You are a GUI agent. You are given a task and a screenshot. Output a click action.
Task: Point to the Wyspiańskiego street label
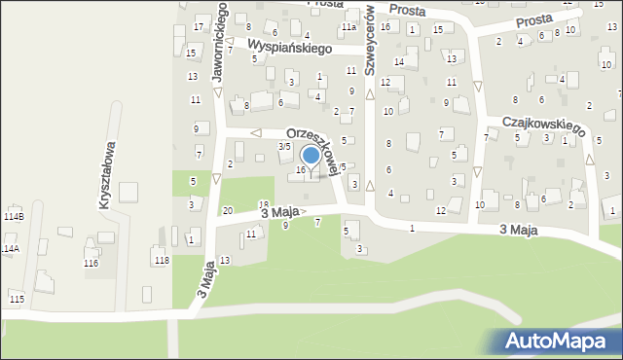[290, 47]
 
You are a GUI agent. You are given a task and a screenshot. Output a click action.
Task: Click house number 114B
[14, 215]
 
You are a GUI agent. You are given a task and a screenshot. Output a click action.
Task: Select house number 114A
[9, 249]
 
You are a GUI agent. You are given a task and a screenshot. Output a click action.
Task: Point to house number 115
[16, 299]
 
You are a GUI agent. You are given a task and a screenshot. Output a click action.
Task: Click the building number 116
[91, 264]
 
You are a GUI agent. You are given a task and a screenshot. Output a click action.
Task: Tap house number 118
[161, 260]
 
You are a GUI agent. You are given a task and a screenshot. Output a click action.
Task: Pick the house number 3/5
[284, 146]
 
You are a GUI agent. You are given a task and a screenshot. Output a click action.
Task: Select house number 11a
[348, 28]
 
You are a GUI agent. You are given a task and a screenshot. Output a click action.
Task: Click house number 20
[227, 210]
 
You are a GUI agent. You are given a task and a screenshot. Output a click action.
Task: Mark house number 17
[199, 25]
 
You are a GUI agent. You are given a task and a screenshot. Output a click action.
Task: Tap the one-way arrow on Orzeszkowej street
[257, 132]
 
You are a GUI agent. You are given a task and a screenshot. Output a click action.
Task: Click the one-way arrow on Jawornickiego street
[217, 94]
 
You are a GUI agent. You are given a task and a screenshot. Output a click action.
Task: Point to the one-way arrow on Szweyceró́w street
[370, 94]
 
